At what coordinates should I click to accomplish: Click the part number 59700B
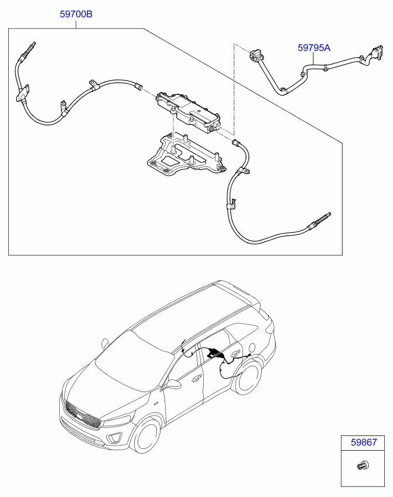(x=76, y=14)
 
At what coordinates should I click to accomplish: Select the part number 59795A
(x=314, y=48)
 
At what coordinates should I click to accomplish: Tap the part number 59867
(x=364, y=442)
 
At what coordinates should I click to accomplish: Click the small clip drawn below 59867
(x=363, y=465)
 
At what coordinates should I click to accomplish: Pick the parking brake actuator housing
(x=189, y=113)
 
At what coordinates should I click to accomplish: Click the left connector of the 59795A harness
(x=255, y=55)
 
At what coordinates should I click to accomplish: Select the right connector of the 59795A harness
(x=376, y=52)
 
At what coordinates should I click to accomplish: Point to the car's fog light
(x=113, y=438)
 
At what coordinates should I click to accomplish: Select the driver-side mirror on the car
(x=173, y=384)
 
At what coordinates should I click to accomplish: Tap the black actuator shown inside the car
(x=213, y=352)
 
